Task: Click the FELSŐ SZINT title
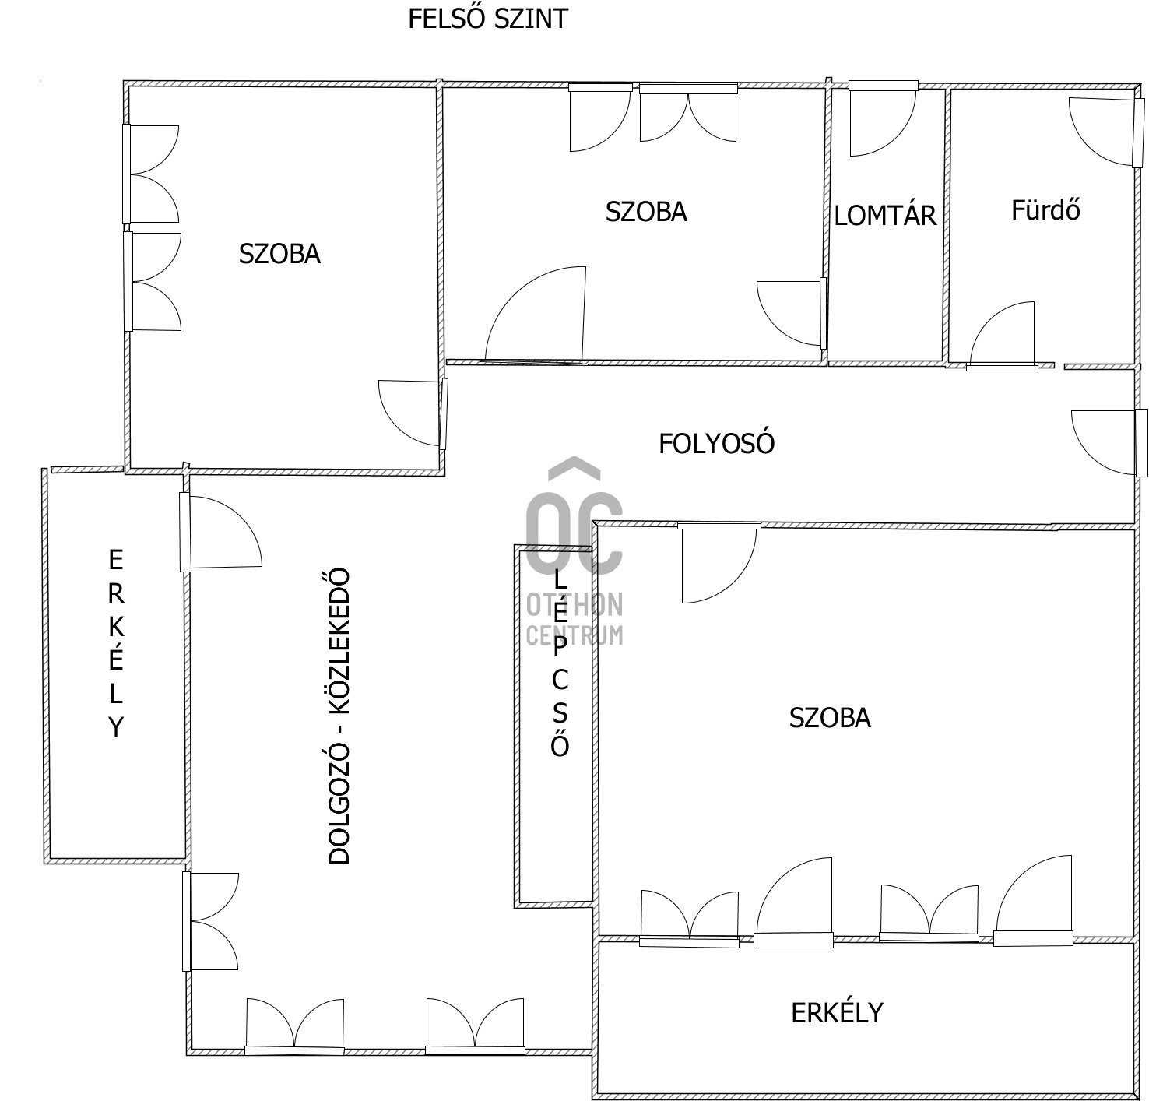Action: (x=488, y=19)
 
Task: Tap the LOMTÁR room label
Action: (x=885, y=216)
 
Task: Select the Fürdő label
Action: (x=1045, y=209)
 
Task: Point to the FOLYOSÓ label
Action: (x=716, y=444)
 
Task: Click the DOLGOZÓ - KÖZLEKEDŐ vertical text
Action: (x=339, y=716)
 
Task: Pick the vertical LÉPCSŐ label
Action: (x=560, y=663)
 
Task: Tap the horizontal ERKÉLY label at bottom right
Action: (x=837, y=1013)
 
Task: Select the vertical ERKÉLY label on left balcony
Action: (x=116, y=643)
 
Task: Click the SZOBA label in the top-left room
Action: (x=279, y=254)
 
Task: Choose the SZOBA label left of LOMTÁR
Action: (x=646, y=212)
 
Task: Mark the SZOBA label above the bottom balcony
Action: (x=830, y=718)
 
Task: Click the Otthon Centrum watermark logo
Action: (x=574, y=550)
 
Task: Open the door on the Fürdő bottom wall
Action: (x=1003, y=336)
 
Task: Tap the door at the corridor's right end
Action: (x=1109, y=442)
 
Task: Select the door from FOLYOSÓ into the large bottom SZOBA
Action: (x=719, y=562)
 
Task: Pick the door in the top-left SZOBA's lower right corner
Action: (x=413, y=413)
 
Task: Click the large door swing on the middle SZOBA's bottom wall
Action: (x=535, y=315)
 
